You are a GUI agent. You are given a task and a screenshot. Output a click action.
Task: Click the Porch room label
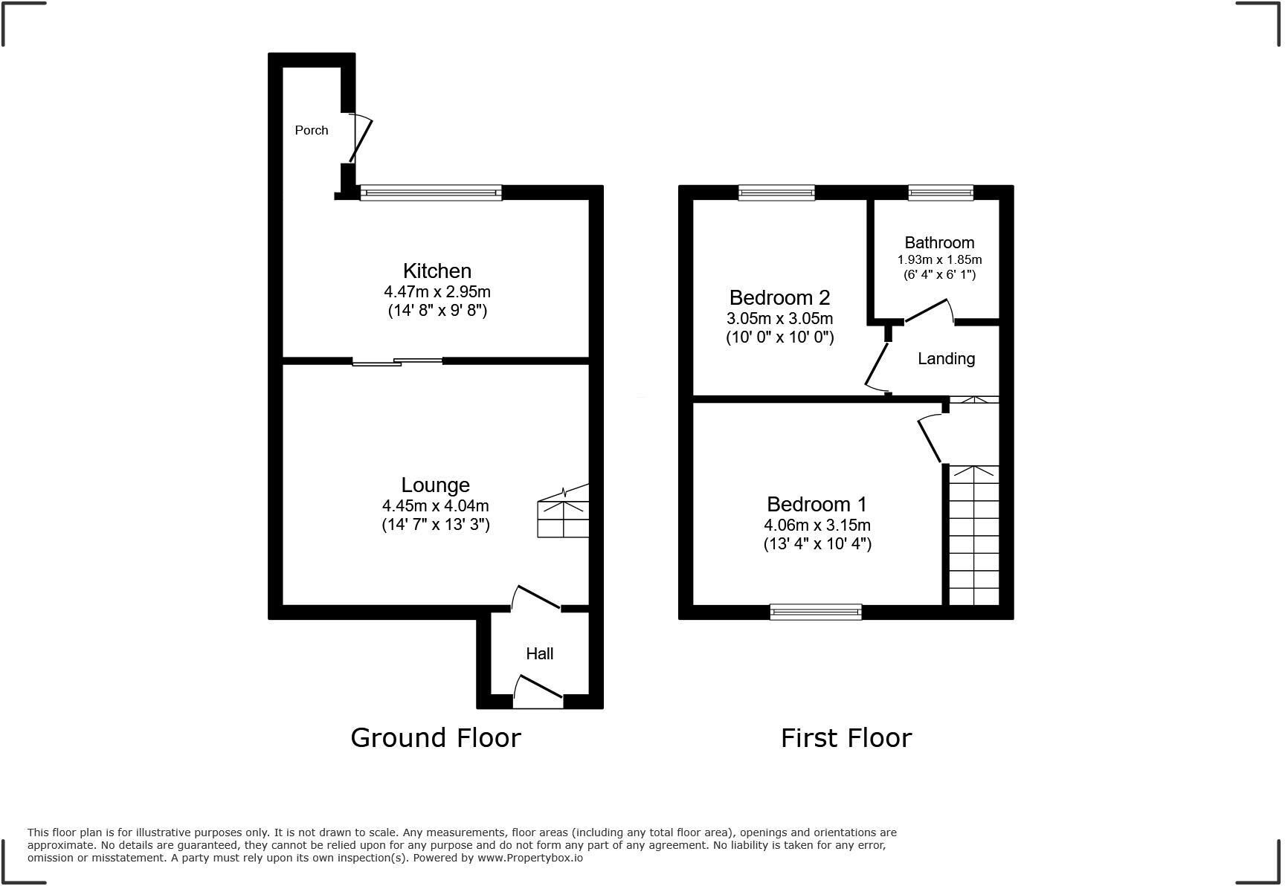(x=311, y=130)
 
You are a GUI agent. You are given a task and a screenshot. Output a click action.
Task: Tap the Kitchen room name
(x=437, y=271)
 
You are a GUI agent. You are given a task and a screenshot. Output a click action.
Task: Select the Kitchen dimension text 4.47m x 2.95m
(x=437, y=291)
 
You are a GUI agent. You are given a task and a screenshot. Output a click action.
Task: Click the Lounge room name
(x=435, y=485)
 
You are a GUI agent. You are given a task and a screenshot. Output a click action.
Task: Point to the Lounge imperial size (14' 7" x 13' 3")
(x=435, y=525)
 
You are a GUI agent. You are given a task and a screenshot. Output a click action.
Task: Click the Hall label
(x=539, y=653)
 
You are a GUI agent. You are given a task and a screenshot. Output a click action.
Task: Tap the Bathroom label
(x=939, y=242)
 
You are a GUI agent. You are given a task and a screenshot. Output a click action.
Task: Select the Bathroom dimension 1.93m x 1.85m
(x=939, y=259)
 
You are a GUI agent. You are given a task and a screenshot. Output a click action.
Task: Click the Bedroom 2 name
(x=779, y=297)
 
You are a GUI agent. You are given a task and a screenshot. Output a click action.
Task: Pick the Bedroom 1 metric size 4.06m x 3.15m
(x=817, y=525)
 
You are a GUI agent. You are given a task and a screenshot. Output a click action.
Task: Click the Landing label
(x=946, y=358)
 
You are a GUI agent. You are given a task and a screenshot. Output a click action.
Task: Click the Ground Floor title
(x=435, y=737)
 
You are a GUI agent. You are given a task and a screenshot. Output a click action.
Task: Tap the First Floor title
(x=846, y=737)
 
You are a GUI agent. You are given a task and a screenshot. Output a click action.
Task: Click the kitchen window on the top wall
(x=431, y=193)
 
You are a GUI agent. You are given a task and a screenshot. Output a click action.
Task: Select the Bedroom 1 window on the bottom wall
(x=816, y=612)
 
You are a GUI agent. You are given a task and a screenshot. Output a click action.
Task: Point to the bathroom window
(x=940, y=193)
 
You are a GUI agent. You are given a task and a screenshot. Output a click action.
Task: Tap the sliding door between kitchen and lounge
(x=397, y=362)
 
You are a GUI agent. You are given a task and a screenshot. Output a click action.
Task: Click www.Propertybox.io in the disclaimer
(x=529, y=858)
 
